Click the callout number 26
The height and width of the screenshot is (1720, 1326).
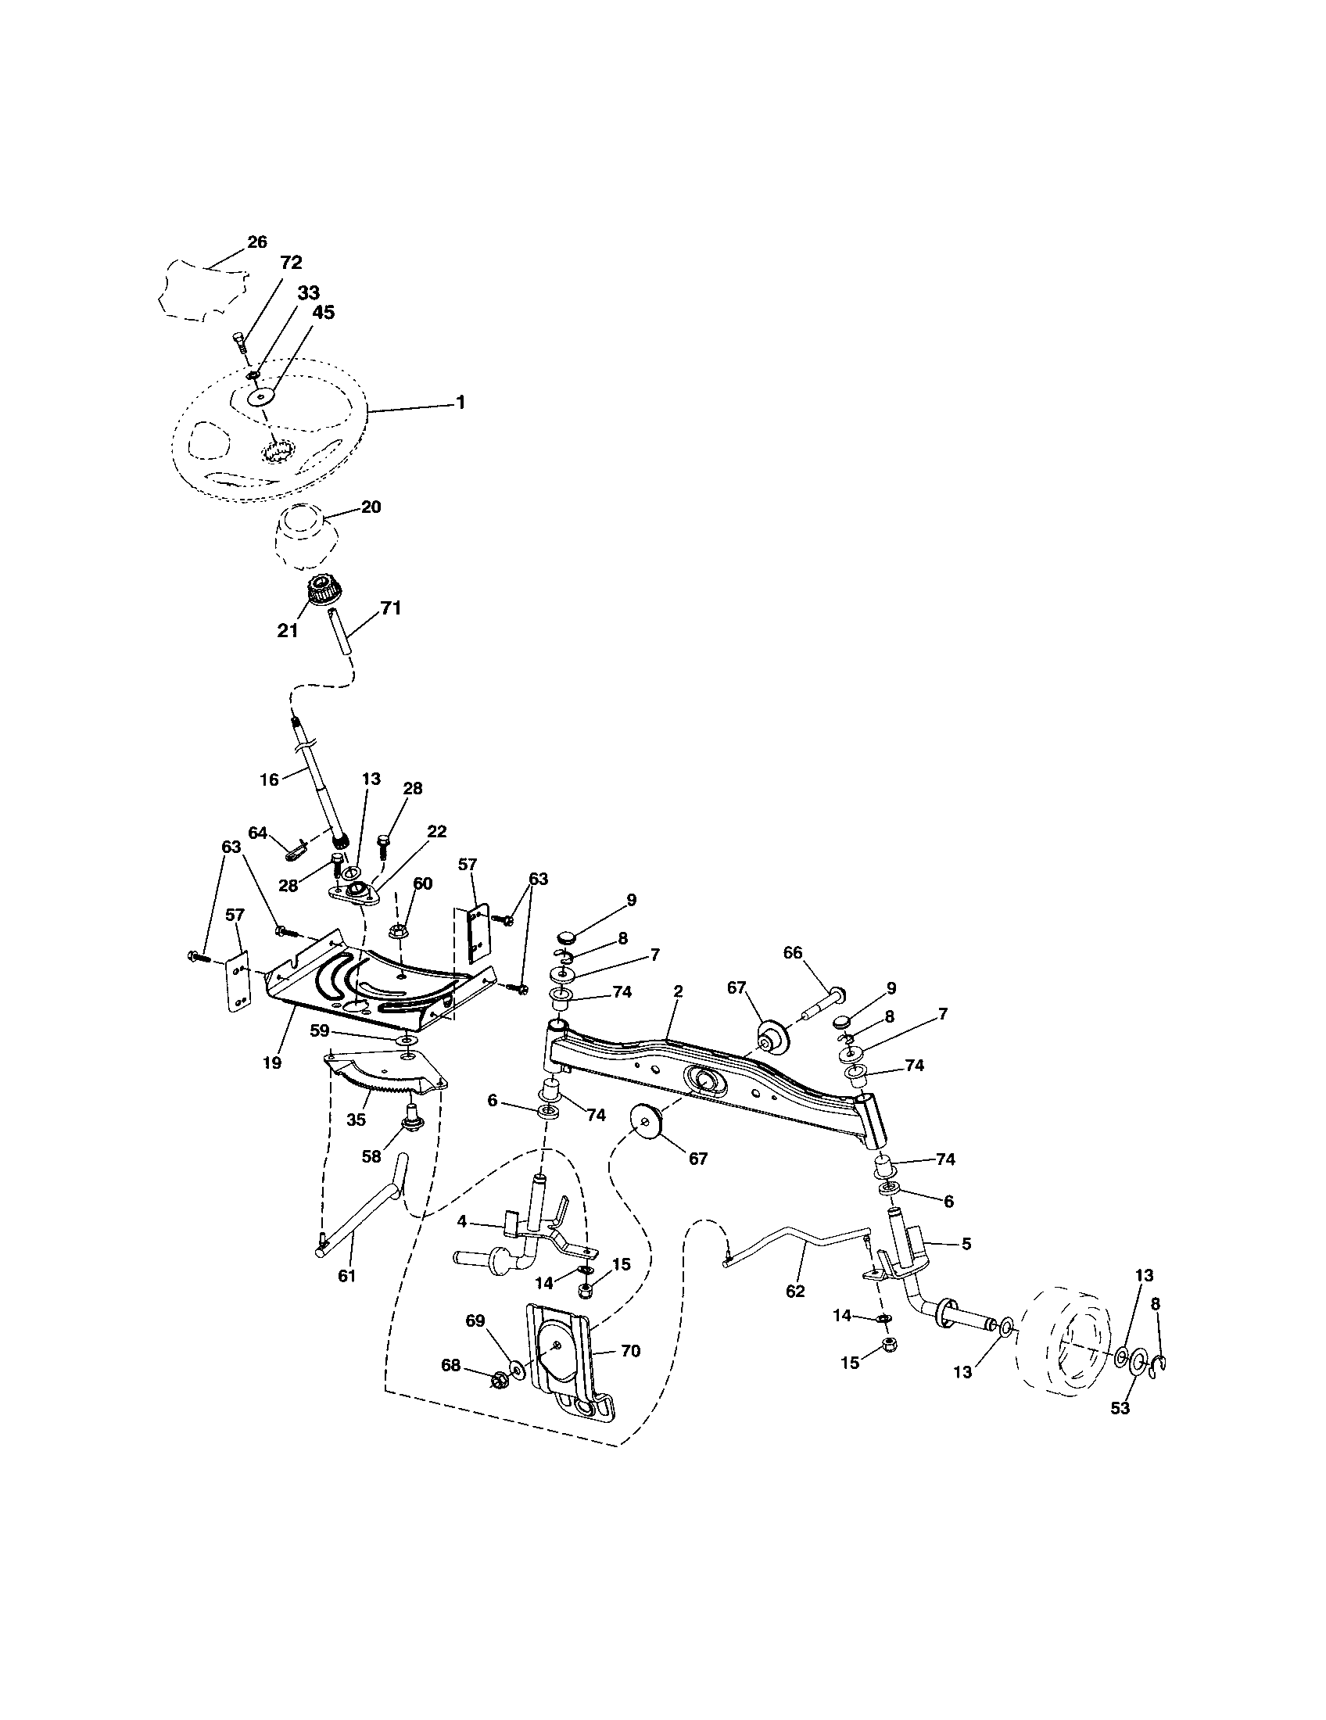pos(257,242)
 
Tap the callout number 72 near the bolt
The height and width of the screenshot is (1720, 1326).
pos(291,262)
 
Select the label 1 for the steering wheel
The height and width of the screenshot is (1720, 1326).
pos(461,402)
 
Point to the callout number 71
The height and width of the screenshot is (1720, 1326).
pos(391,607)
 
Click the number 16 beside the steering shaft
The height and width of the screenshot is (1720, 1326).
pos(269,779)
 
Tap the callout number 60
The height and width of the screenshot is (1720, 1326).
pos(423,883)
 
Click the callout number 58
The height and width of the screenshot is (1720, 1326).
pos(371,1156)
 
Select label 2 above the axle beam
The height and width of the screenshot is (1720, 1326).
pos(678,991)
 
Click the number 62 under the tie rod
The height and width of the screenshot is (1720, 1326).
pos(795,1292)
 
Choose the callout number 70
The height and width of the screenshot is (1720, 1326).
pos(630,1351)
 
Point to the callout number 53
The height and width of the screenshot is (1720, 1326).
pos(1120,1408)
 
